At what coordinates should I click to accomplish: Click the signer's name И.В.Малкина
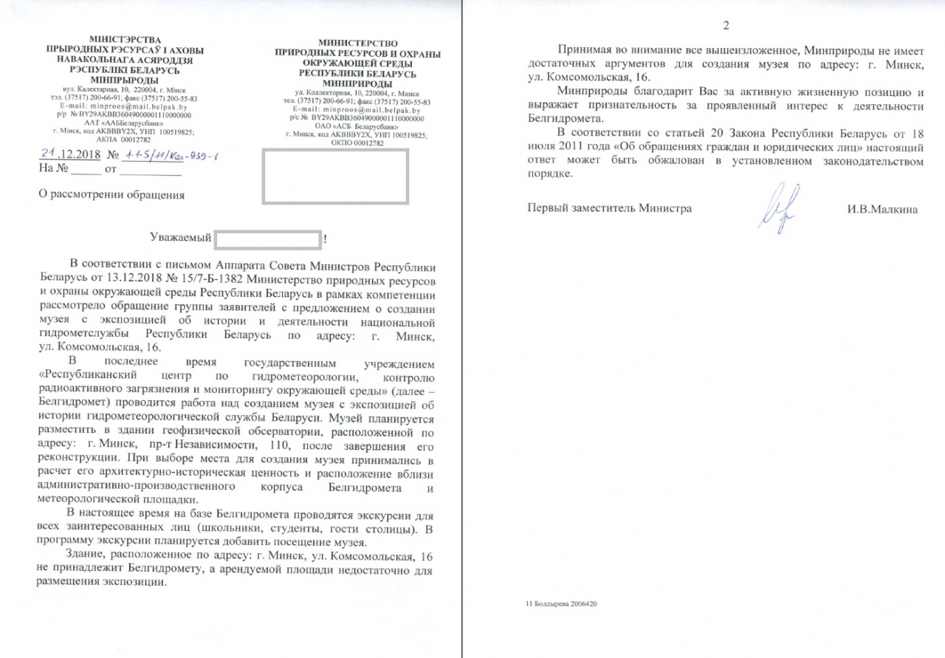(x=883, y=209)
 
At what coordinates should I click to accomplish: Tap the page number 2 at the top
(x=725, y=27)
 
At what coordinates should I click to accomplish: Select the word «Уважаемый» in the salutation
(x=180, y=239)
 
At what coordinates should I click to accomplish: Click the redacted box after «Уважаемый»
(x=268, y=239)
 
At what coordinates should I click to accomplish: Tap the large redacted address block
(x=335, y=177)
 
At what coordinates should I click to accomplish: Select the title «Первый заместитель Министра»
(x=609, y=209)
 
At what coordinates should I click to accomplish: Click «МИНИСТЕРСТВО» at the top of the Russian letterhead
(x=357, y=45)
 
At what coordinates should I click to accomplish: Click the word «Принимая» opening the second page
(x=587, y=50)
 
